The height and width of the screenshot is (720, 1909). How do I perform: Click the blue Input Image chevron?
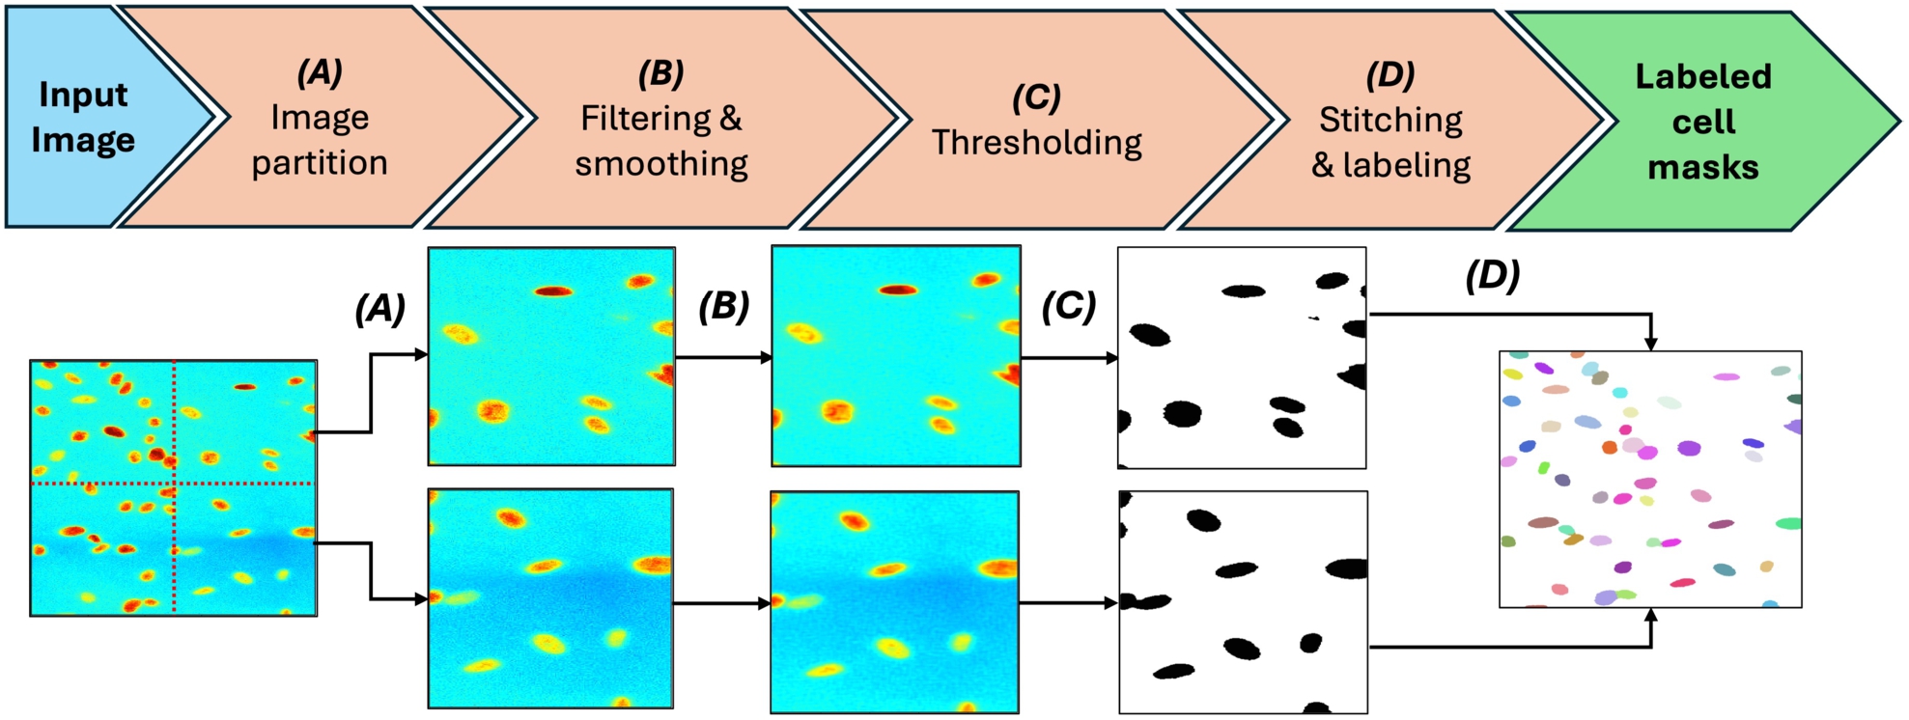[87, 118]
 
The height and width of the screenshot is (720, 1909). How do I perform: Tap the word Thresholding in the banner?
[1036, 143]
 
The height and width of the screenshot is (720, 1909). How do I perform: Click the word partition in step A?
[320, 163]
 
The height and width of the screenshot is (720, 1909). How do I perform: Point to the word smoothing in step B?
[661, 164]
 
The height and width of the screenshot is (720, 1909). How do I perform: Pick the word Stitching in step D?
[1390, 120]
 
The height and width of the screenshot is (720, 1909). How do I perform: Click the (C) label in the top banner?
[1036, 97]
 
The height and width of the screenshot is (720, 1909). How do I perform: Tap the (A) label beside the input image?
[379, 309]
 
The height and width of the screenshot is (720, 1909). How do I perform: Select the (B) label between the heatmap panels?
[723, 306]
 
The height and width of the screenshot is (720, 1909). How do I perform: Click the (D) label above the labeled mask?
[1492, 276]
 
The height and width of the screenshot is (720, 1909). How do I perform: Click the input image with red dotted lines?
[174, 487]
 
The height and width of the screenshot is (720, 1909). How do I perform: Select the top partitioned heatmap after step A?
[551, 356]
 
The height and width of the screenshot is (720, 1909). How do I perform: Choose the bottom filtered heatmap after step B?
[894, 601]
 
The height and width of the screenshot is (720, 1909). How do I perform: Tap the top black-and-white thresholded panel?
[1242, 357]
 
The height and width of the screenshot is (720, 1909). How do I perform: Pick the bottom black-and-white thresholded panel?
[1243, 601]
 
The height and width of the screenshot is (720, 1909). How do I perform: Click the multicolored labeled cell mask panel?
[1650, 479]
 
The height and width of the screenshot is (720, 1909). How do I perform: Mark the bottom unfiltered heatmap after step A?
[550, 598]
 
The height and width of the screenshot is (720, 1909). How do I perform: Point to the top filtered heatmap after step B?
[895, 356]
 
